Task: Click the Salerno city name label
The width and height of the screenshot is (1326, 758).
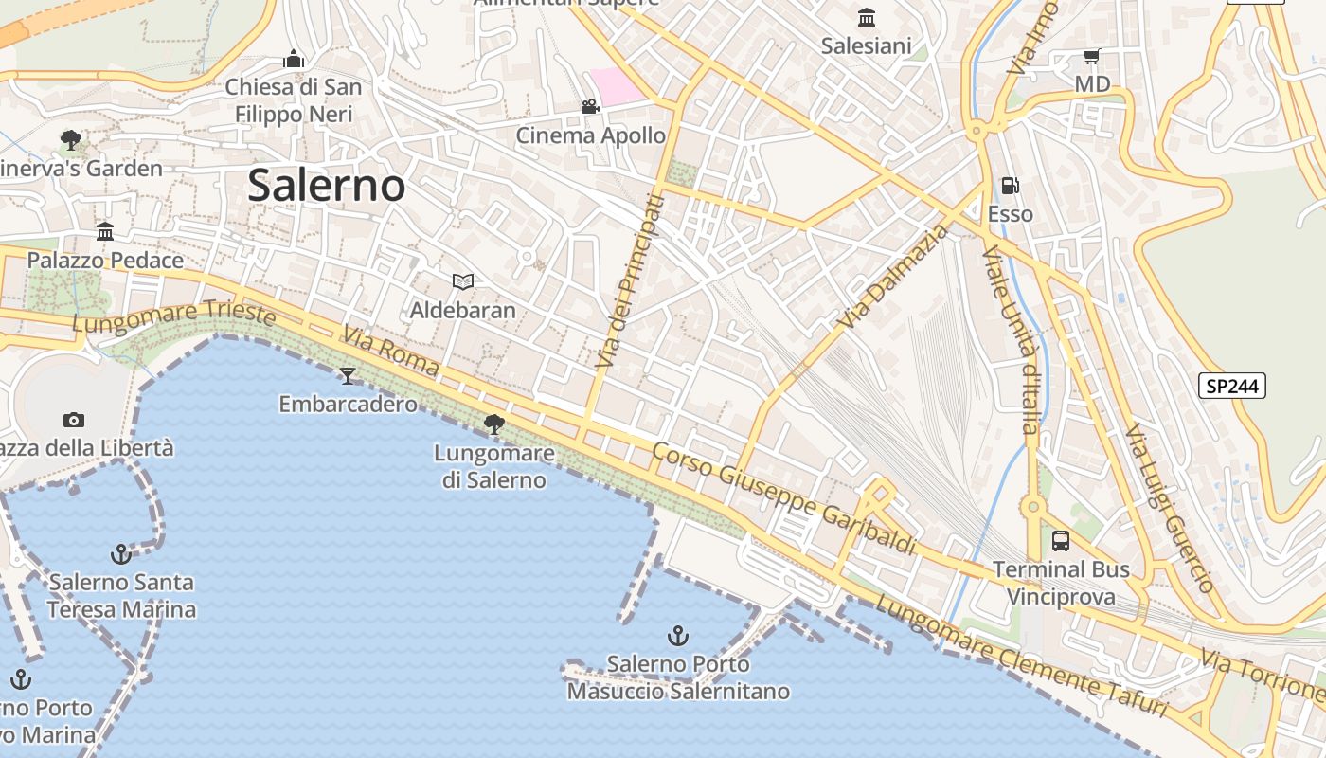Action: [x=326, y=186]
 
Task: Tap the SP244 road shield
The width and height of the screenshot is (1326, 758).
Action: [x=1231, y=386]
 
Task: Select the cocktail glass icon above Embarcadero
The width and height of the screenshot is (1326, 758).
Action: [x=348, y=376]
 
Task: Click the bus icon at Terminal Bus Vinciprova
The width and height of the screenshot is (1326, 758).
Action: [x=1061, y=541]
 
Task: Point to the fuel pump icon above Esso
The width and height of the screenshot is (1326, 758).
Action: [x=1011, y=186]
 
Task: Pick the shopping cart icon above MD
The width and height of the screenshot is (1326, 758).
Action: [x=1091, y=57]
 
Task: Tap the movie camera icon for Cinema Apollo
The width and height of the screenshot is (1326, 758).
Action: [x=590, y=106]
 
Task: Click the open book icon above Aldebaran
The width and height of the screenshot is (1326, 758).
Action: [x=462, y=281]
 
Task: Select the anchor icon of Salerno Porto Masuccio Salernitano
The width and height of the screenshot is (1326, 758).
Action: [x=677, y=635]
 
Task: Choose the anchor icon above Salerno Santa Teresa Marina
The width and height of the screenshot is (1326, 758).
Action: [x=120, y=553]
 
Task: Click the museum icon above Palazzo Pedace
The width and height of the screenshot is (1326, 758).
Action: [x=105, y=231]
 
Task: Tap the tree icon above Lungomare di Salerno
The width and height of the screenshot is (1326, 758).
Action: [x=493, y=424]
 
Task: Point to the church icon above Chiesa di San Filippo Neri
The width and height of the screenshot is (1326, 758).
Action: [x=294, y=59]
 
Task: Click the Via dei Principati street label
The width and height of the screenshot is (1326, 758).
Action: [x=626, y=281]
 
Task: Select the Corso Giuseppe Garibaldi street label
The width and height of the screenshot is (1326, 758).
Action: [x=784, y=498]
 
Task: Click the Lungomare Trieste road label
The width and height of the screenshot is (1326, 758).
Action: [x=174, y=317]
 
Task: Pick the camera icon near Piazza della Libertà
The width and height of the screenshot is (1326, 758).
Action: [x=73, y=420]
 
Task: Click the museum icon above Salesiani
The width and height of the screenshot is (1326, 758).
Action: [x=866, y=17]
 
